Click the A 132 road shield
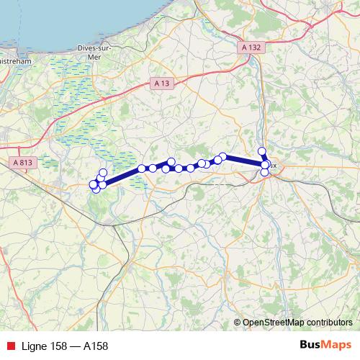[249, 47]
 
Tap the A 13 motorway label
[162, 84]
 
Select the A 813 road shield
[22, 163]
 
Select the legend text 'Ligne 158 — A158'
[65, 346]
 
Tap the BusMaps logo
[325, 345]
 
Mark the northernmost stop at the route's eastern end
[262, 151]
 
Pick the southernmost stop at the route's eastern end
[265, 173]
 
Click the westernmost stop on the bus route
[93, 184]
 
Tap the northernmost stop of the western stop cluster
[103, 172]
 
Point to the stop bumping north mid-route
[171, 161]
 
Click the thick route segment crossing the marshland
[122, 176]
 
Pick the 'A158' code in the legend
[96, 346]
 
